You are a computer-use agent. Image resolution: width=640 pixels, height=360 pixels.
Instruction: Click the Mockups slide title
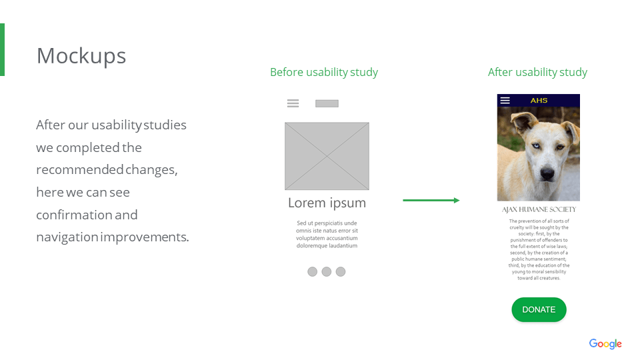coord(81,56)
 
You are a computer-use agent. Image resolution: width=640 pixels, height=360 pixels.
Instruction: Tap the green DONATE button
coord(539,309)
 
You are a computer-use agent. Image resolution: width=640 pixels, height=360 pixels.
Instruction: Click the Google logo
coord(605,344)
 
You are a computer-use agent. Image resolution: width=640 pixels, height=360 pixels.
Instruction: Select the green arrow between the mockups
coord(431,201)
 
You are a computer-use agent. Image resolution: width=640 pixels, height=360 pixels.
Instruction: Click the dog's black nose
coord(547,174)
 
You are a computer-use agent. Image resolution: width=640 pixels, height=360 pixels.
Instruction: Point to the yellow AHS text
coord(539,101)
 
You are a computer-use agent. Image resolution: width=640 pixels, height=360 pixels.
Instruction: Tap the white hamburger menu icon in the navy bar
coord(505,101)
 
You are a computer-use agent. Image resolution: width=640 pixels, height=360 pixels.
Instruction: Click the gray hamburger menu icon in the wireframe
coord(293,103)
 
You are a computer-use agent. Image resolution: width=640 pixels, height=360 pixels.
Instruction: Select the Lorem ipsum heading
coord(327,203)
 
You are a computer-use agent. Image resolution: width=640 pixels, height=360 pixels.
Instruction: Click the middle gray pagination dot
coord(327,272)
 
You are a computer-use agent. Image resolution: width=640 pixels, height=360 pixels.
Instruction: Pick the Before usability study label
coord(324,72)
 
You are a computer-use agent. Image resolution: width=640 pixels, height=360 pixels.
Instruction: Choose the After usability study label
coord(537,72)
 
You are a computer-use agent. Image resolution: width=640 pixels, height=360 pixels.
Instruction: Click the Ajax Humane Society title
coord(539,209)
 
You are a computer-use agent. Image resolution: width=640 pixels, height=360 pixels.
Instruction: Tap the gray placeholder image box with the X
coord(327,156)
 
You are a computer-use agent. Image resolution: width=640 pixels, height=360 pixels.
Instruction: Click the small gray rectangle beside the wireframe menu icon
coord(327,104)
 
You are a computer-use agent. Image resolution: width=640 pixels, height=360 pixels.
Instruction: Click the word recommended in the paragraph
coord(79,169)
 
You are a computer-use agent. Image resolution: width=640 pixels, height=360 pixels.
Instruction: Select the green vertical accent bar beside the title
coord(3,50)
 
